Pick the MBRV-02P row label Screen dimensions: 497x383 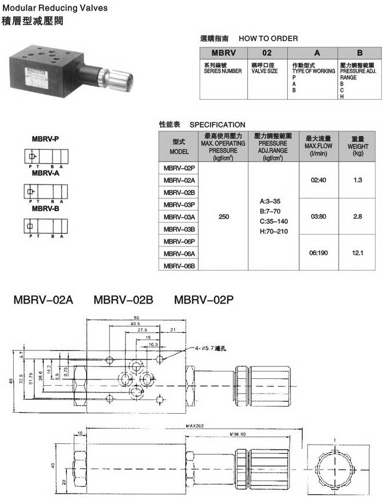tap(179, 168)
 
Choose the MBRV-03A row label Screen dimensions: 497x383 tap(179, 217)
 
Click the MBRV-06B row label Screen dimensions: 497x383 tap(179, 266)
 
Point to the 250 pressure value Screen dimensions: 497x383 tap(224, 217)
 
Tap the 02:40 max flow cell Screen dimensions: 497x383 tap(319, 180)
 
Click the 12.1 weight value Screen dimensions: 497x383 tap(358, 253)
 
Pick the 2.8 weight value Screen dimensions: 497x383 tap(358, 217)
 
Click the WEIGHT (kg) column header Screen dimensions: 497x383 tap(358, 146)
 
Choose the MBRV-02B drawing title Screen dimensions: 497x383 tap(123, 299)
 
